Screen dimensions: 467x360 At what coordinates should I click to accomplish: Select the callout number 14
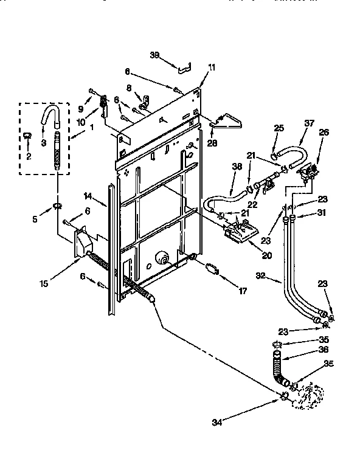pyautogui.click(x=88, y=196)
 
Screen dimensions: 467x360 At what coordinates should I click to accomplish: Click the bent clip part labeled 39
pyautogui.click(x=182, y=65)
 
